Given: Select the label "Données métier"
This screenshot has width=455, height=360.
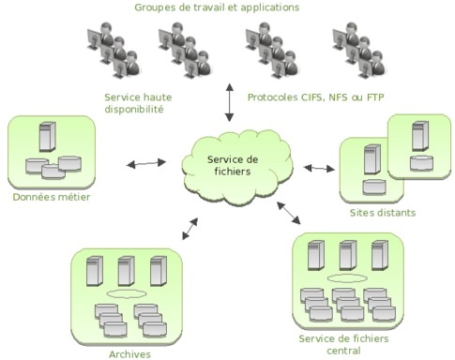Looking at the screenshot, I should [50, 197].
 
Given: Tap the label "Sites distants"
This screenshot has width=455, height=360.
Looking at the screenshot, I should [382, 213].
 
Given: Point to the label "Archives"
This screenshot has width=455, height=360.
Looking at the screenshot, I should [122, 353].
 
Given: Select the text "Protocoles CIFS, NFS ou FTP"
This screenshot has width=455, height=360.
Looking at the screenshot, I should [316, 96].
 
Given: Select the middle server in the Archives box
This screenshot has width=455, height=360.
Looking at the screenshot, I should [124, 271].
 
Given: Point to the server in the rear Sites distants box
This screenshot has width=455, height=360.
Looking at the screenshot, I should [419, 138].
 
